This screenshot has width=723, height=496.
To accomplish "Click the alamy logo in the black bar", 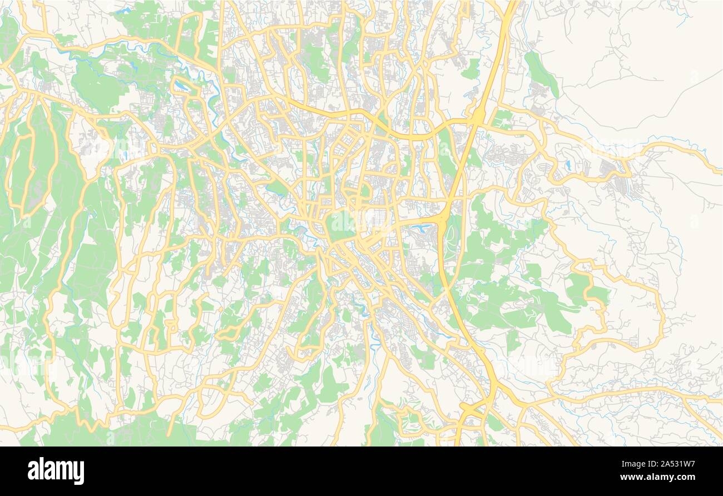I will pyautogui.click(x=56, y=471).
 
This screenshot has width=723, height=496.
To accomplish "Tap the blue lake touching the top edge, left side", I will pyautogui.click(x=123, y=10).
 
